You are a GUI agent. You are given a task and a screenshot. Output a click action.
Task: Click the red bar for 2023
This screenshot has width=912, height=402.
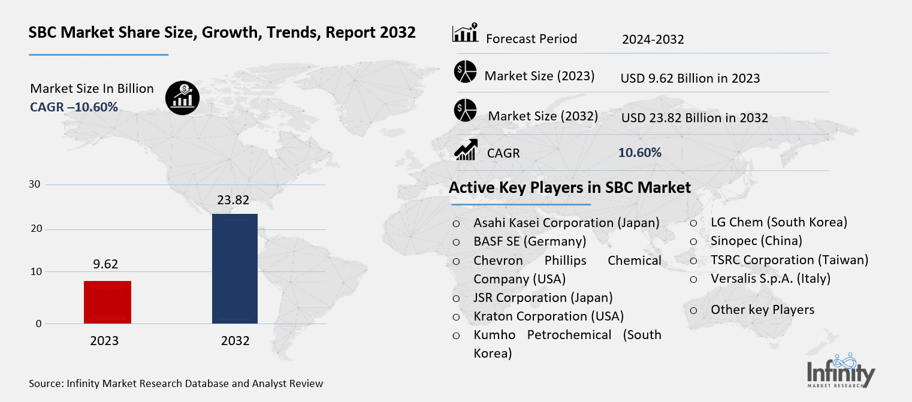point(107,302)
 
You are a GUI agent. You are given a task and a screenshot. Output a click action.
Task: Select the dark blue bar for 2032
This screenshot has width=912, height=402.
point(235,268)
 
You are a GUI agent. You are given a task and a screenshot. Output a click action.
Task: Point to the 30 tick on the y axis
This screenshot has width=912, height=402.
point(35,184)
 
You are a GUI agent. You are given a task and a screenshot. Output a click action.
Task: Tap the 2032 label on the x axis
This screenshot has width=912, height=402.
point(235,341)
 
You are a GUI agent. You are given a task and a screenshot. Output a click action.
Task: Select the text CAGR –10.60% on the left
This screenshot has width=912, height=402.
point(74,107)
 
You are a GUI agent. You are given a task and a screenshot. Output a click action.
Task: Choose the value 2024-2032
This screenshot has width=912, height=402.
point(653,40)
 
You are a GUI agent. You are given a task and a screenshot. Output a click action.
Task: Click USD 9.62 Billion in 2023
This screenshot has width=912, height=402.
point(690,78)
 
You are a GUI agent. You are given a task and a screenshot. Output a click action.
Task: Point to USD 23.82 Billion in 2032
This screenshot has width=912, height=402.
point(694,118)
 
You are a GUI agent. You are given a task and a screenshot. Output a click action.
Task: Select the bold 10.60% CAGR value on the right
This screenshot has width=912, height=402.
point(639,153)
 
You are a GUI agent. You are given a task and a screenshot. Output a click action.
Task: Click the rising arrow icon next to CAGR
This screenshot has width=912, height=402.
point(466,150)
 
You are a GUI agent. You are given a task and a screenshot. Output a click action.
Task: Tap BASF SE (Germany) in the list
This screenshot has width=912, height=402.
point(530,241)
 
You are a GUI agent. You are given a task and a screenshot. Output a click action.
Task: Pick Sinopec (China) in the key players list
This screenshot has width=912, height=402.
point(756,241)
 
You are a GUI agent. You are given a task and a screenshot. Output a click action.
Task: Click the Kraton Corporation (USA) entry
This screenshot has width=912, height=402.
point(548,316)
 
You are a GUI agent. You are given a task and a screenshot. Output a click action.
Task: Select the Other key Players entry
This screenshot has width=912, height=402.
point(762,310)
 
